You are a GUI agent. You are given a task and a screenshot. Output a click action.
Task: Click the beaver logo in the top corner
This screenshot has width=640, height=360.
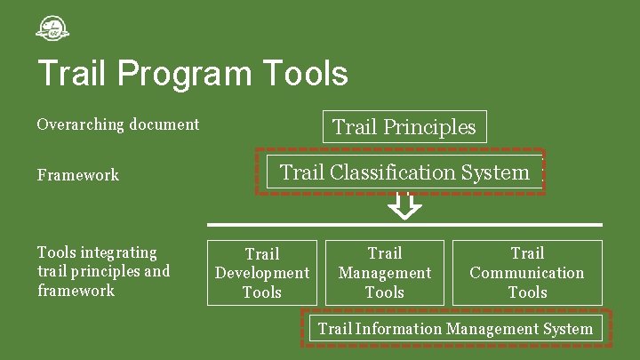52,29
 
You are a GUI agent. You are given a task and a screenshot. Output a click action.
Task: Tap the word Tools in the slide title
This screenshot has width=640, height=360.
300,74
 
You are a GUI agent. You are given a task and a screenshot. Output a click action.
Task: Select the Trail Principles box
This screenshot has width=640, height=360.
404,127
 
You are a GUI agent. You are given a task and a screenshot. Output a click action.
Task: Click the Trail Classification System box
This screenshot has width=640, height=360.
404,172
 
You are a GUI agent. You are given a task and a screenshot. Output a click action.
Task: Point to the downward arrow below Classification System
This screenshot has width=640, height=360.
405,207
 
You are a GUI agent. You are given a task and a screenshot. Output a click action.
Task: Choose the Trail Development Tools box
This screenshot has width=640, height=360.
262,273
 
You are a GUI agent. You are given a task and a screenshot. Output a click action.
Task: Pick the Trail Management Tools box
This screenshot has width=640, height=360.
385,272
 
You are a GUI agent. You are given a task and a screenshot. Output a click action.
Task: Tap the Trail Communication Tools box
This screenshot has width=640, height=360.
527,272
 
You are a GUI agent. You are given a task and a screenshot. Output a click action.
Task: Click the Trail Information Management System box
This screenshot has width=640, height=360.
455,329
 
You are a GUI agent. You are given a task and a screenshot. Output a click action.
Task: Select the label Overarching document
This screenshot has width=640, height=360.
118,124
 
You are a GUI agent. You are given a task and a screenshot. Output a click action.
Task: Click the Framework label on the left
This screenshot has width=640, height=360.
78,175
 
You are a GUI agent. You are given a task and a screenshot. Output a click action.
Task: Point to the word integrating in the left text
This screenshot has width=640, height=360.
118,252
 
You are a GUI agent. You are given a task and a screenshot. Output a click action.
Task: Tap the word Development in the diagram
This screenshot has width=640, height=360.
262,273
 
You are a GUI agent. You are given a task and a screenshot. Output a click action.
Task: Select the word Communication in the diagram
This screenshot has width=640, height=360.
527,273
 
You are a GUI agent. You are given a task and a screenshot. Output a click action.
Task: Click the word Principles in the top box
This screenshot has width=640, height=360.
429,127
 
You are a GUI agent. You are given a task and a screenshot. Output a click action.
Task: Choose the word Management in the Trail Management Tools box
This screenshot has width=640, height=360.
385,273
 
